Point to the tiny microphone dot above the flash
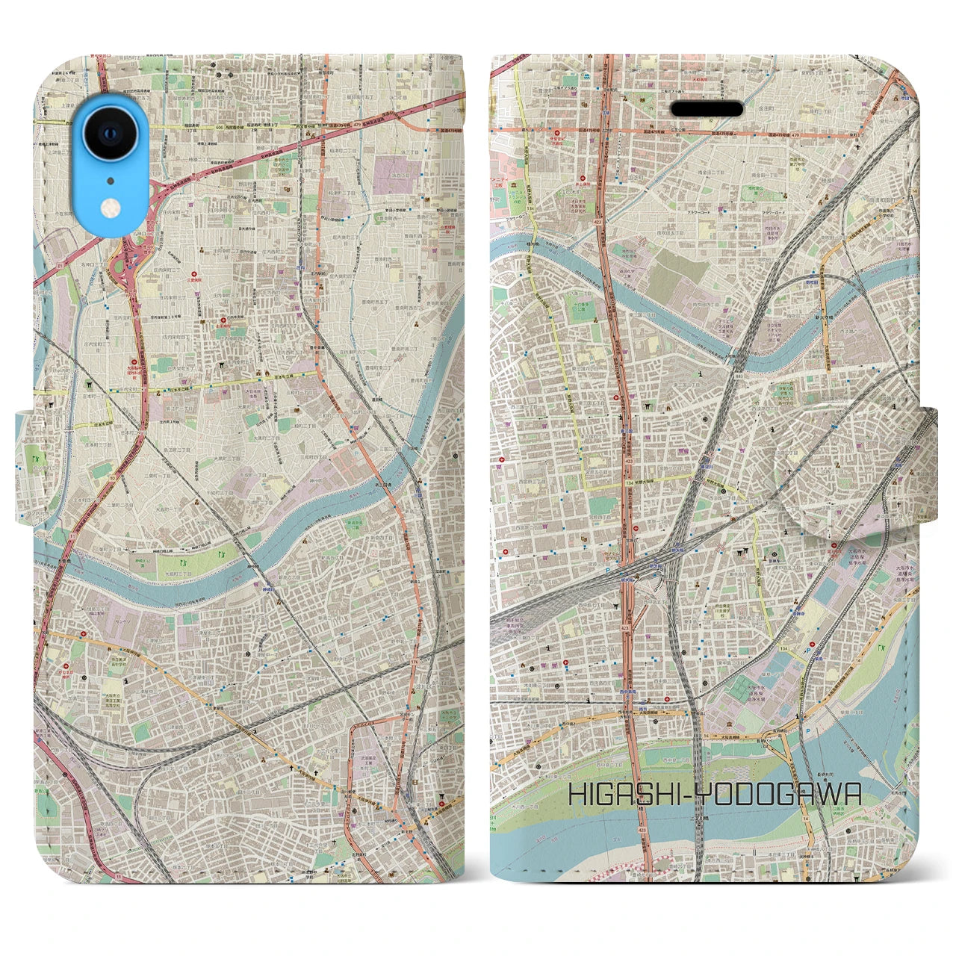(x=110, y=179)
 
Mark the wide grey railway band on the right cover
(x=568, y=590)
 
